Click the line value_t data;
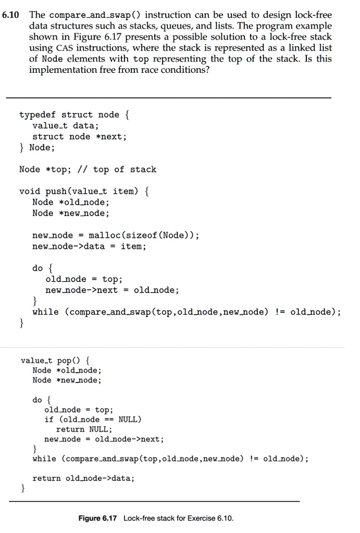point(66,125)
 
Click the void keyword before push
point(30,191)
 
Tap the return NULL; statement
point(84,429)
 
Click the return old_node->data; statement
point(83,478)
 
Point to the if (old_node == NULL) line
point(93,420)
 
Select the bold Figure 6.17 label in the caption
point(98,518)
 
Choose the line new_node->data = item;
point(89,246)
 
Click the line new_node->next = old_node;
point(112,290)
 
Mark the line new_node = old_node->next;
point(104,439)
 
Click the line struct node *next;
point(79,136)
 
